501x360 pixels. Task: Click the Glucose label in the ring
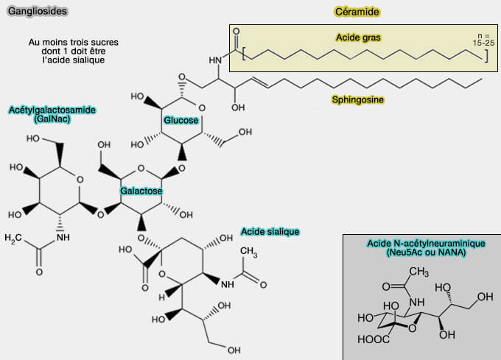point(181,120)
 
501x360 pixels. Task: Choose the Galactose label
point(141,191)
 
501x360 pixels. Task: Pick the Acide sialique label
point(270,232)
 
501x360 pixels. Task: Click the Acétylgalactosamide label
point(52,110)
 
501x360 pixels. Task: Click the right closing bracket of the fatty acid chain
point(485,57)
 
